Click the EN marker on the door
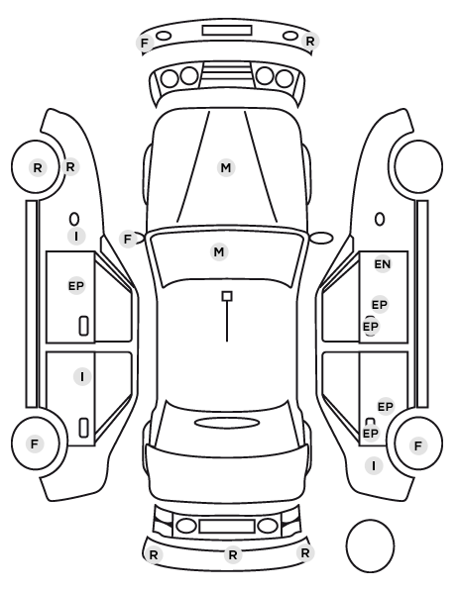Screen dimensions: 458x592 pos(382,264)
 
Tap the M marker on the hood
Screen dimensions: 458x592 pos(226,167)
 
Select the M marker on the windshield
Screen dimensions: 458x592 pos(219,251)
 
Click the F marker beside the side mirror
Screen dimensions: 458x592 pos(128,239)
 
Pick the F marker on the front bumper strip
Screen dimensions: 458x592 pos(145,43)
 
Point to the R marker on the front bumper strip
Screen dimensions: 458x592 pos(310,42)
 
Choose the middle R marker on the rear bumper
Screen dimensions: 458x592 pos(233,554)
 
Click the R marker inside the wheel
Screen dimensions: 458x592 pos(38,167)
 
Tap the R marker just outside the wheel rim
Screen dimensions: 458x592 pos(70,166)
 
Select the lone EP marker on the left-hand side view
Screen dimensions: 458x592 pos(76,286)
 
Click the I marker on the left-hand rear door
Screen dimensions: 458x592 pos(82,377)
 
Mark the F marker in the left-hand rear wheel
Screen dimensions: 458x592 pos(35,444)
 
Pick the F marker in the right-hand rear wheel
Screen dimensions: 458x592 pos(418,445)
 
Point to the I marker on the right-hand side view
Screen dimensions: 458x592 pos(374,466)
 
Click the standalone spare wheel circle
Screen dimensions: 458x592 pos(370,545)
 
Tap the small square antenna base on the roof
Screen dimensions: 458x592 pos(227,296)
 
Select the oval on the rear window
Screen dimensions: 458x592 pos(227,423)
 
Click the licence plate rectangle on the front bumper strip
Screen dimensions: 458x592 pos(227,31)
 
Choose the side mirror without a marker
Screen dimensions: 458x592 pos(322,238)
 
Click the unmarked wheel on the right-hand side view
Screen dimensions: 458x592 pos(418,166)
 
